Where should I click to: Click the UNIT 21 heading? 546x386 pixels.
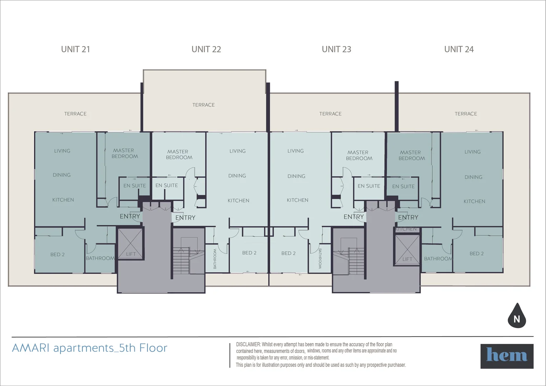click(75, 49)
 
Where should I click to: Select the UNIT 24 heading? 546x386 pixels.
click(459, 49)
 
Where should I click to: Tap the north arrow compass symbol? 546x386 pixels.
click(517, 316)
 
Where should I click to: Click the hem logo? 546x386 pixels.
click(507, 356)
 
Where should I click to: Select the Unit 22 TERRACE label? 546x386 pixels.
click(203, 105)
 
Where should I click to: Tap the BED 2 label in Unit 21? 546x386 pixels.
click(58, 254)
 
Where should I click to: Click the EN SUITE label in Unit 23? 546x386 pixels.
click(369, 186)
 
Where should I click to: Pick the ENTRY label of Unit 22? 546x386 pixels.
click(185, 217)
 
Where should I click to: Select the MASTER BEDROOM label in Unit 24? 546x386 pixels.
click(411, 155)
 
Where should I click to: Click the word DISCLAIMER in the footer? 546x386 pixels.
click(248, 345)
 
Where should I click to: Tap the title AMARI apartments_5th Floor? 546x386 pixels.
click(89, 348)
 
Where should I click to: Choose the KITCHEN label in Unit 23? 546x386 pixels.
click(297, 200)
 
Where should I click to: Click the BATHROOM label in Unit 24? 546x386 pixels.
click(438, 258)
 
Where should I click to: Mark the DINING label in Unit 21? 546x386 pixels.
click(62, 175)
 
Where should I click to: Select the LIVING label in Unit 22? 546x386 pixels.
click(237, 151)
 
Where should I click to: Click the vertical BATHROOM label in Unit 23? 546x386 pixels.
click(320, 258)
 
